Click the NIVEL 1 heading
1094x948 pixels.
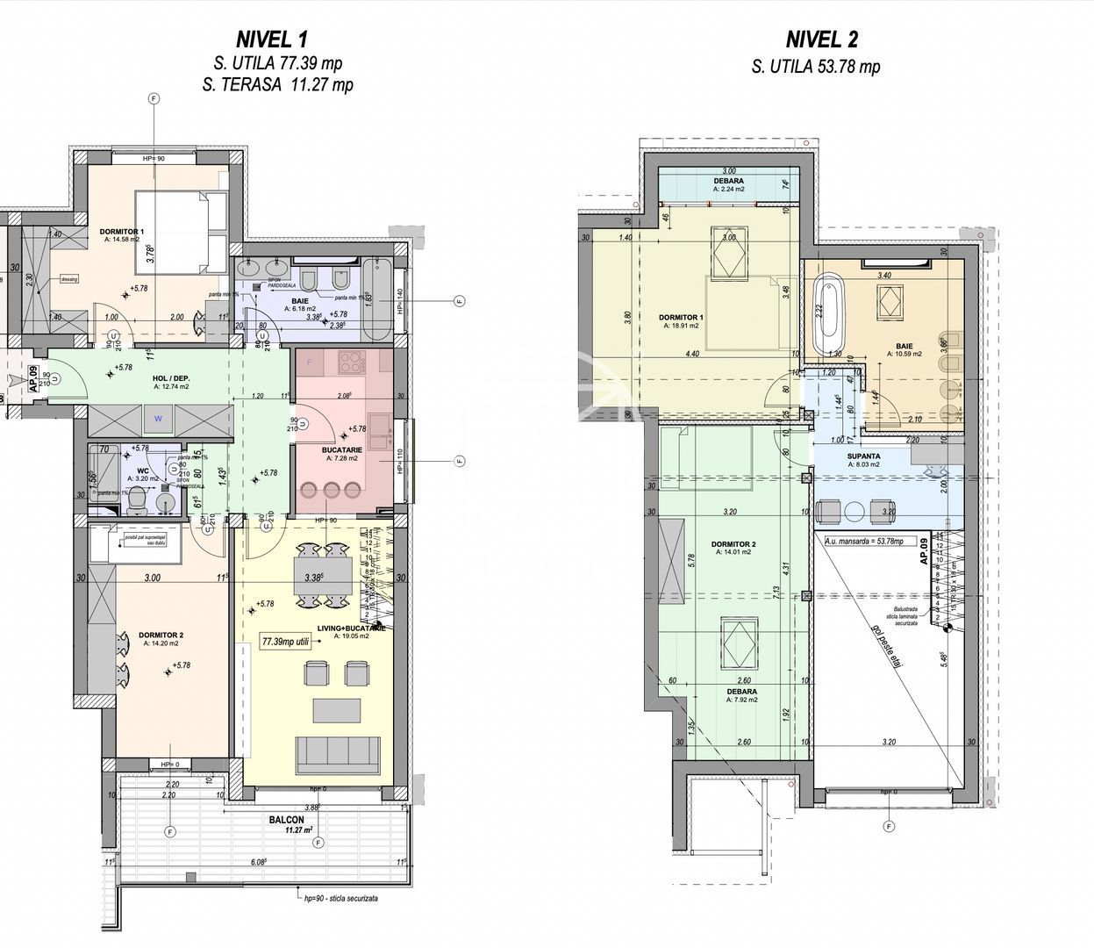[272, 39]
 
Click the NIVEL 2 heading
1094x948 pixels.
[821, 39]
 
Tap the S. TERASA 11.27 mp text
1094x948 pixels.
[277, 85]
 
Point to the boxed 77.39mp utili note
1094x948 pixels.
[285, 642]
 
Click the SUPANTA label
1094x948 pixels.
[864, 457]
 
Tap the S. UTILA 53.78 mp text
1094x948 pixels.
[816, 67]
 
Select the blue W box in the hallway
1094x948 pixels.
[158, 419]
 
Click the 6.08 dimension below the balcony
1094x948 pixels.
[258, 863]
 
